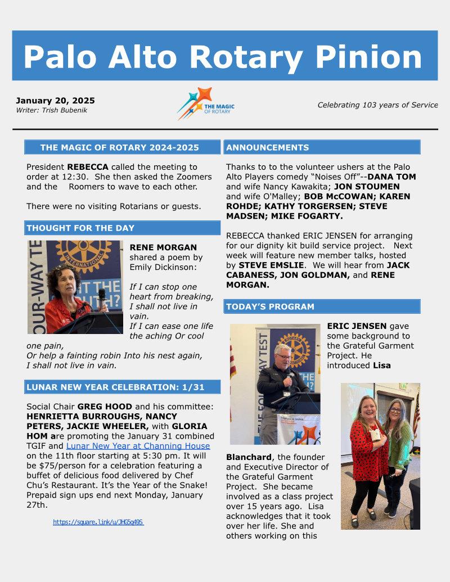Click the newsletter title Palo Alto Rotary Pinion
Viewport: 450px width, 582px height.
(x=223, y=56)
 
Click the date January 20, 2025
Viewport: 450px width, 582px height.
(x=55, y=101)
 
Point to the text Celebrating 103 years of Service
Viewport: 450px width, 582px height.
(x=377, y=105)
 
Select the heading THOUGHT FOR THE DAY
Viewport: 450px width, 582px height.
(x=80, y=228)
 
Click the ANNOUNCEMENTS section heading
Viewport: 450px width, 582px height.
(x=267, y=147)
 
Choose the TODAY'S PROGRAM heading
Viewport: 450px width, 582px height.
(x=270, y=306)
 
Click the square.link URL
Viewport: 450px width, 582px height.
(x=98, y=522)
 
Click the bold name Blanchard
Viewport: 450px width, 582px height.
(x=249, y=457)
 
